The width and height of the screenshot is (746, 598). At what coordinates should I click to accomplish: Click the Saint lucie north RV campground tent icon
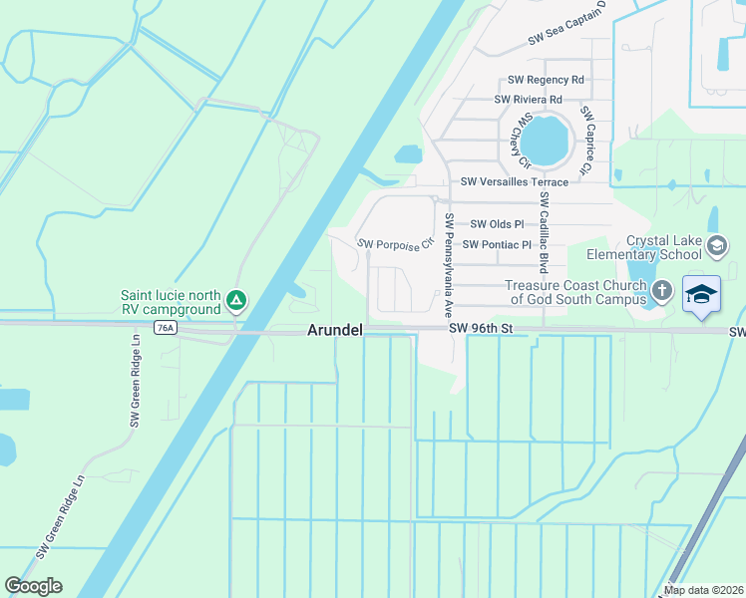(236, 298)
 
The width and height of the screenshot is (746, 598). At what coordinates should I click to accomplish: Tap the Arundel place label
(333, 330)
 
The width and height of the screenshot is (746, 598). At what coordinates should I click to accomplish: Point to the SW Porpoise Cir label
(396, 243)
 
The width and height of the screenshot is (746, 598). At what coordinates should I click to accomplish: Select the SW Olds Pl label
(497, 224)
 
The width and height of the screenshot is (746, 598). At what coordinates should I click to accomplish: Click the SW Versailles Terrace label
(515, 181)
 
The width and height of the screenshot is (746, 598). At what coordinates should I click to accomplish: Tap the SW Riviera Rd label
(529, 100)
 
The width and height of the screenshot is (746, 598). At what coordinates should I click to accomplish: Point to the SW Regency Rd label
(546, 80)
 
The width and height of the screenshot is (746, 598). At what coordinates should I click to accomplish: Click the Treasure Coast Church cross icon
(660, 290)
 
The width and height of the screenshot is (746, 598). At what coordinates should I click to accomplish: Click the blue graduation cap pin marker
(702, 293)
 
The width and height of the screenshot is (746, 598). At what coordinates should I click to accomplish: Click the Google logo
(33, 586)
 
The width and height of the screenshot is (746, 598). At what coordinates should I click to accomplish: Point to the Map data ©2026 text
(704, 590)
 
